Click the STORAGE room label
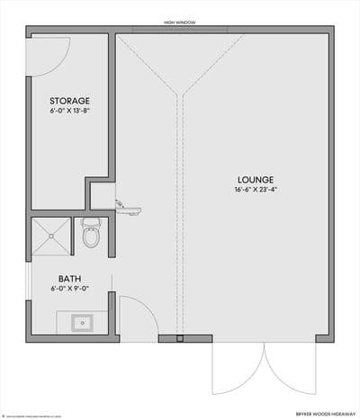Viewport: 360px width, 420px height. pos(69,99)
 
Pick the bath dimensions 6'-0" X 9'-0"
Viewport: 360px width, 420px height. pos(69,290)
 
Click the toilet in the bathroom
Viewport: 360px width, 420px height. pos(90,235)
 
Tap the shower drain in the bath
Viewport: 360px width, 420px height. pos(51,236)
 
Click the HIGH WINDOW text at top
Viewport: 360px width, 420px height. pos(180,22)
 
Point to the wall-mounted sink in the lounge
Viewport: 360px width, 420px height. pos(130,209)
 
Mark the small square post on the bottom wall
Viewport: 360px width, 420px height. pos(180,339)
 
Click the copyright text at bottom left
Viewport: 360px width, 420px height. pos(31,415)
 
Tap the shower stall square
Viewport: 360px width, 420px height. pos(51,236)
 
